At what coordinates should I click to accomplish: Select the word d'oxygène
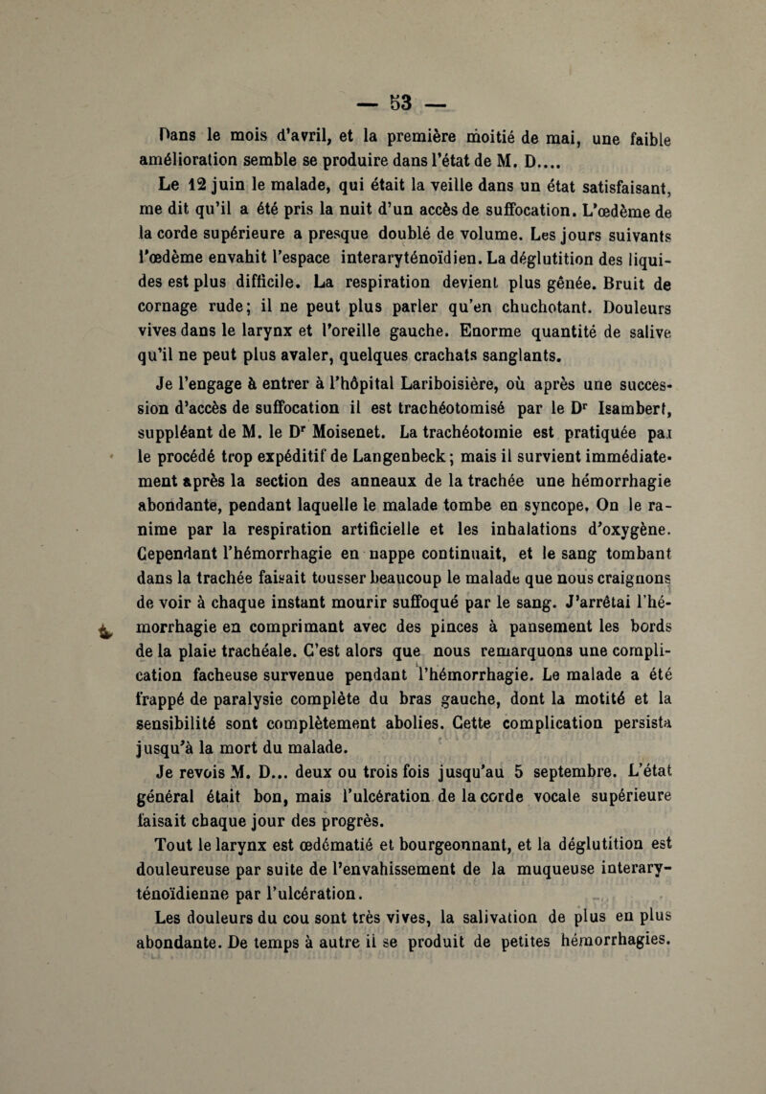tap(614, 578)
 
